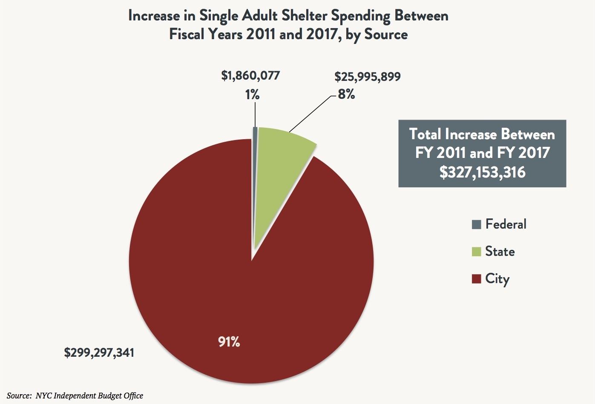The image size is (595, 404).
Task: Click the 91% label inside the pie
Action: pyautogui.click(x=229, y=341)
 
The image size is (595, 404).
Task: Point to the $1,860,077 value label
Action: pyautogui.click(x=250, y=76)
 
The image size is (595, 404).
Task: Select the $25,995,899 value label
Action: pyautogui.click(x=367, y=77)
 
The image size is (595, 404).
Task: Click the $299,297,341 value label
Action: pyautogui.click(x=99, y=352)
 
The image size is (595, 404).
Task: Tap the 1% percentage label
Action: pyautogui.click(x=252, y=95)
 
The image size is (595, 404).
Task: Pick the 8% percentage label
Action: pyautogui.click(x=346, y=95)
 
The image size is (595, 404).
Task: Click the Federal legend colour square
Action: pyautogui.click(x=477, y=224)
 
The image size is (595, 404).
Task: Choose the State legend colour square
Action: pyautogui.click(x=477, y=252)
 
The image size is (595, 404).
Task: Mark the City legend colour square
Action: pyautogui.click(x=477, y=279)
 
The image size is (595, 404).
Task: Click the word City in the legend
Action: pyautogui.click(x=497, y=279)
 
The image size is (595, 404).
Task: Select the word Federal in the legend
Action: pyautogui.click(x=506, y=224)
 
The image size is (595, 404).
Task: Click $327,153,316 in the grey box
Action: pyautogui.click(x=482, y=172)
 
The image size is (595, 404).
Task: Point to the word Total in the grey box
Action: pyautogui.click(x=425, y=135)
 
